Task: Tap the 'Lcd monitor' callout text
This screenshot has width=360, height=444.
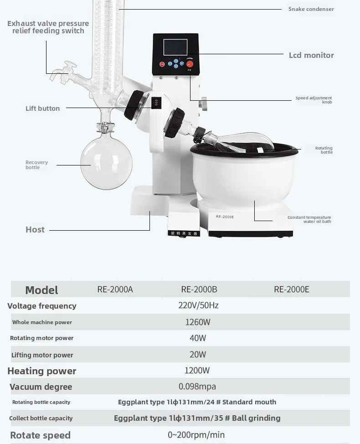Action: point(311,55)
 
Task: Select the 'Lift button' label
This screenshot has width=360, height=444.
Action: point(42,108)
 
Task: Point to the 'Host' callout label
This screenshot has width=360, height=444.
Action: point(35,230)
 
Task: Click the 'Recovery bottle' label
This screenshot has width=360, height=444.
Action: point(36,165)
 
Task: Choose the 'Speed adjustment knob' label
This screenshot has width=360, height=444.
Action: point(314,100)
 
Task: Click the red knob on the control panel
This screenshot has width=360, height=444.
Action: point(190,64)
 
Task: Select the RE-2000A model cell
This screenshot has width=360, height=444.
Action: point(115,289)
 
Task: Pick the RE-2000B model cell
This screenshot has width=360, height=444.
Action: point(199,289)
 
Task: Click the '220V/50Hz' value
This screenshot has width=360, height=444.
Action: point(198,305)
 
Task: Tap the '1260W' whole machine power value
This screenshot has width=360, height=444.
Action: point(198,322)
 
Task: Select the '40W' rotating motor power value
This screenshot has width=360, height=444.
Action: point(198,338)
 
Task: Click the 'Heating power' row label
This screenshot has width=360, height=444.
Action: point(42,371)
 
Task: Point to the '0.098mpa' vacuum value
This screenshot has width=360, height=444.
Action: point(197,387)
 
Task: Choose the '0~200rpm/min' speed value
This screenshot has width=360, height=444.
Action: point(196,435)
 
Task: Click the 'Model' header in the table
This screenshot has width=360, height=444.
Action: point(41,290)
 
